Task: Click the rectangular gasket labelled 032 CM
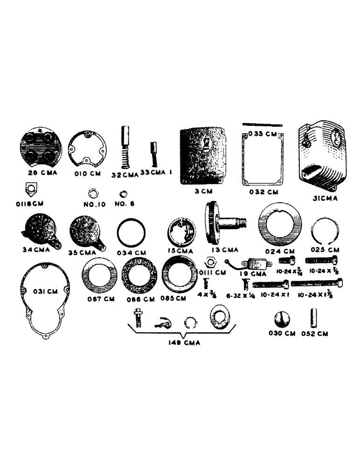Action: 261,158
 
